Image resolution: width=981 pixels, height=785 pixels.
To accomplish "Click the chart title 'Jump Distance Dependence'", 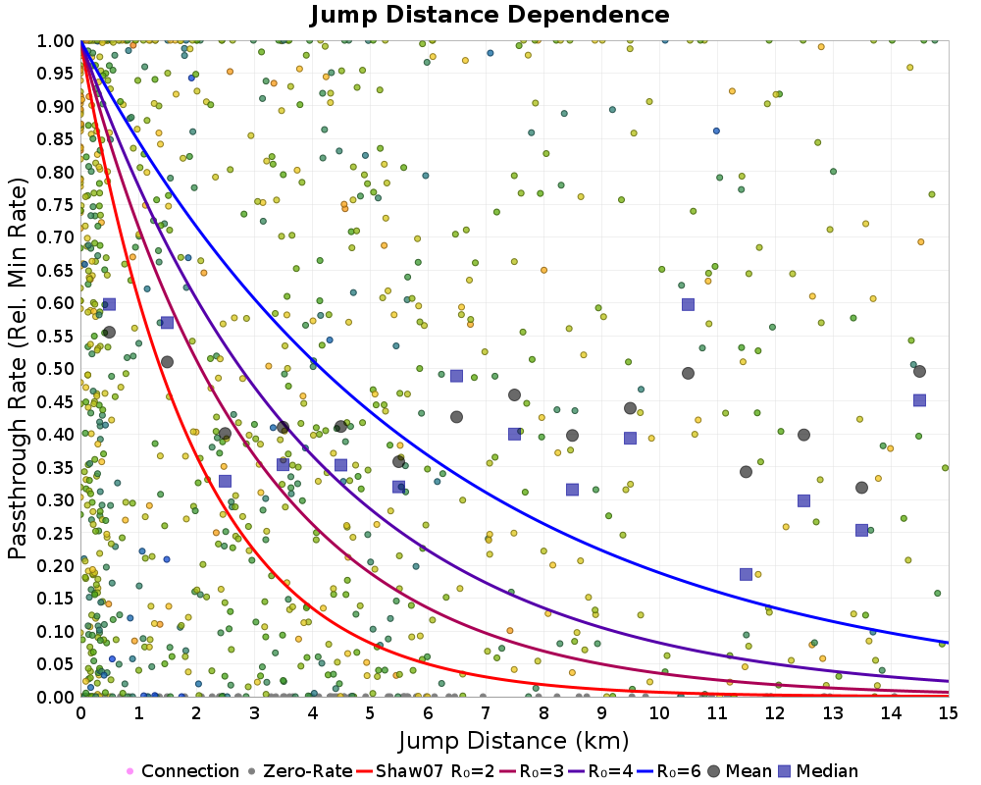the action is click(x=490, y=15).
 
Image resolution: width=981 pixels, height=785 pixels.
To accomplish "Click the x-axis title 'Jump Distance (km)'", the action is click(x=514, y=741).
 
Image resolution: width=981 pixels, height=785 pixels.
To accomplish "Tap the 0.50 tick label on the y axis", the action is click(x=55, y=368).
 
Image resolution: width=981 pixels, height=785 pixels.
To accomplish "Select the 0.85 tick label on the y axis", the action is click(x=55, y=138).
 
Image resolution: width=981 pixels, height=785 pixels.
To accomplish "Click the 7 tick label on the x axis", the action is click(x=486, y=713).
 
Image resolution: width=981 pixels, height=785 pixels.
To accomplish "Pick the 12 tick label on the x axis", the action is click(x=775, y=713).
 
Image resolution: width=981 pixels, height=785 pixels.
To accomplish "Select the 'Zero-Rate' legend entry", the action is click(x=300, y=770).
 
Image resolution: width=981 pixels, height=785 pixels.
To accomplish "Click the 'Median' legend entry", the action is click(x=818, y=770).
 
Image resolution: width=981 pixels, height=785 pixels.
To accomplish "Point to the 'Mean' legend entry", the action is click(x=739, y=770).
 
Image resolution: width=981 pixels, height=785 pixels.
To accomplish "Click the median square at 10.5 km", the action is click(x=689, y=304).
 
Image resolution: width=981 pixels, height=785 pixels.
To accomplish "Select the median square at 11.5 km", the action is click(x=746, y=574).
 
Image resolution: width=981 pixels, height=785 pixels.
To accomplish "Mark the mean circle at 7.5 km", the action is click(x=514, y=395).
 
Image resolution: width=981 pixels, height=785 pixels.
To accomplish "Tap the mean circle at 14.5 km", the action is click(x=920, y=371).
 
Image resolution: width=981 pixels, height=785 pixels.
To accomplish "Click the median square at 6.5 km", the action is click(x=457, y=376).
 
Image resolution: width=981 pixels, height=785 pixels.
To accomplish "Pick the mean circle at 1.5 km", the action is click(x=167, y=362).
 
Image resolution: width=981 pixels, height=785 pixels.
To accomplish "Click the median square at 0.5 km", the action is click(x=110, y=304).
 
